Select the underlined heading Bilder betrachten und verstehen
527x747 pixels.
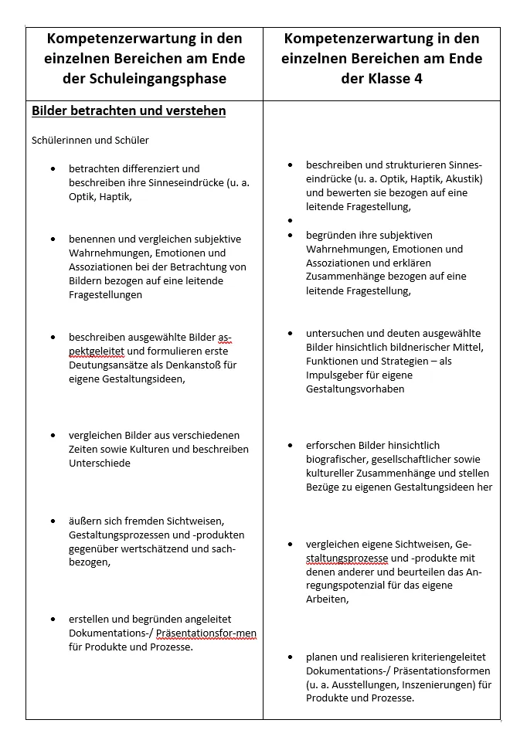coord(128,111)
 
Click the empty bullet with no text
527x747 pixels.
coord(290,221)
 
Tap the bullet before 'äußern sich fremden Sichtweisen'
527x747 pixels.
coord(53,521)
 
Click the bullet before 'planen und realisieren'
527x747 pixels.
coord(290,657)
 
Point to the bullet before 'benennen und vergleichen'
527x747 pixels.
coord(53,239)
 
